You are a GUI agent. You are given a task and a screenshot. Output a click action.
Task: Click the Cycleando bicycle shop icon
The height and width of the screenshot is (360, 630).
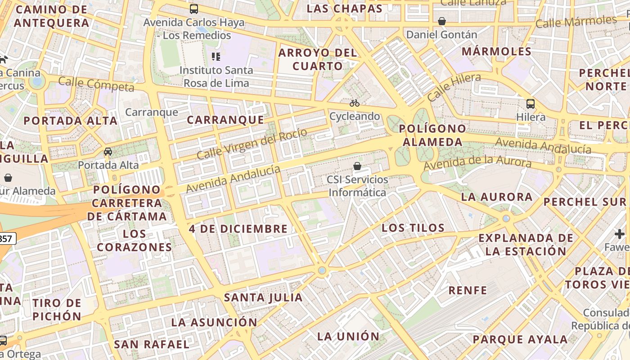click(x=355, y=103)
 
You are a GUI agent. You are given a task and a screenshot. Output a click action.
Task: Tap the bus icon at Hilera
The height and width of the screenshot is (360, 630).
click(x=531, y=104)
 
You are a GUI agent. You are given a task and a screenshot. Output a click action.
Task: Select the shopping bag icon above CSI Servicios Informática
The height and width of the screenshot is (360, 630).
click(x=357, y=166)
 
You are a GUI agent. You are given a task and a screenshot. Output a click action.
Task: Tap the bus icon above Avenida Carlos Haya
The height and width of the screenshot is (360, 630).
click(x=194, y=9)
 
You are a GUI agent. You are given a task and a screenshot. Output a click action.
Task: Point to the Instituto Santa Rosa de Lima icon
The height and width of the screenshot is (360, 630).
click(x=216, y=57)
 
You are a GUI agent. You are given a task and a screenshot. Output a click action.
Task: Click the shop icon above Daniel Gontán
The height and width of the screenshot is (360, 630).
click(x=442, y=21)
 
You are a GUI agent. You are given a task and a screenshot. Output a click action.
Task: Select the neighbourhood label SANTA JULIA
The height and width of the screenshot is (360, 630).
click(x=263, y=297)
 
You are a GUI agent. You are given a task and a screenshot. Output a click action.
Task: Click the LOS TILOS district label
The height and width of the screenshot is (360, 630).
click(x=413, y=228)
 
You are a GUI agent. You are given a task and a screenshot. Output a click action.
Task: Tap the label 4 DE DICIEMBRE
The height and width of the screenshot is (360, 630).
click(x=238, y=229)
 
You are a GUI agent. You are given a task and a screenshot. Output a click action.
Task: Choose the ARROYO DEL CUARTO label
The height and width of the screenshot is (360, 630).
click(x=318, y=59)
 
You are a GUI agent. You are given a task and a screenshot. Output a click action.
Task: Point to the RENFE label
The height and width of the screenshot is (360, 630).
click(x=468, y=290)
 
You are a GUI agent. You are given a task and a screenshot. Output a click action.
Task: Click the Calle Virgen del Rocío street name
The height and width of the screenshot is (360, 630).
click(x=252, y=144)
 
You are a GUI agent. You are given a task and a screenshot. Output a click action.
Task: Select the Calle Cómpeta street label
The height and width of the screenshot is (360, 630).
click(x=96, y=84)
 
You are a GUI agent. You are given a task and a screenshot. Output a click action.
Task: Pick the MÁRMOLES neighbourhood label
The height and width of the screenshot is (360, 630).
click(x=497, y=51)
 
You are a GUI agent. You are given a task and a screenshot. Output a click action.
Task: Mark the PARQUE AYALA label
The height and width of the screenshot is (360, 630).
click(x=520, y=339)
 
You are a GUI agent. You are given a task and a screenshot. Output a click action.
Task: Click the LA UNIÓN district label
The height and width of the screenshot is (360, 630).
click(x=348, y=336)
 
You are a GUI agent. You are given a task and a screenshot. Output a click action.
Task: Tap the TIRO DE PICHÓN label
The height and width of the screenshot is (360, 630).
click(x=57, y=310)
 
